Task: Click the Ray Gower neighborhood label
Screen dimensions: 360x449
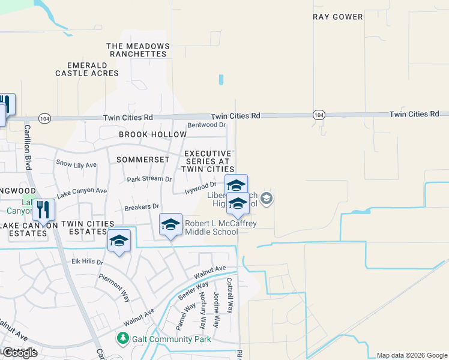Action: (x=338, y=17)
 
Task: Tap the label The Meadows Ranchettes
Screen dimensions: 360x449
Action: (x=136, y=50)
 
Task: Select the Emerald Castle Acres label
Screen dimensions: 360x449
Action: (x=87, y=69)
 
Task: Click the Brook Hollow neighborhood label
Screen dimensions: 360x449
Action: (x=144, y=134)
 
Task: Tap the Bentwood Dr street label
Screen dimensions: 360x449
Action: (x=206, y=125)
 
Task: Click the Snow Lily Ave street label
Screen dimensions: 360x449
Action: (x=76, y=164)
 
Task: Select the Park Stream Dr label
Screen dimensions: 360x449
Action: (x=149, y=179)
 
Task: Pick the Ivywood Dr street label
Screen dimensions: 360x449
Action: (x=200, y=188)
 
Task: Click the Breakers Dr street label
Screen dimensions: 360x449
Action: (x=141, y=206)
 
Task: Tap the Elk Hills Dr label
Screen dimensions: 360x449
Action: (x=88, y=262)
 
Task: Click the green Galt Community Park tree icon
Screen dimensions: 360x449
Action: (x=122, y=339)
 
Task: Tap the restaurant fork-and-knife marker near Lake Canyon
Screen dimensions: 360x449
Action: (x=43, y=209)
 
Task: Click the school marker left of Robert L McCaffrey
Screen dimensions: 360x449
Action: (x=170, y=224)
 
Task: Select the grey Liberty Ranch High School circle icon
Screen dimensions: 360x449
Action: (x=267, y=197)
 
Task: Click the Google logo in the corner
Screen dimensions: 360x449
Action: (x=19, y=353)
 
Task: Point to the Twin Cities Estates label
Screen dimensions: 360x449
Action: (x=88, y=227)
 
